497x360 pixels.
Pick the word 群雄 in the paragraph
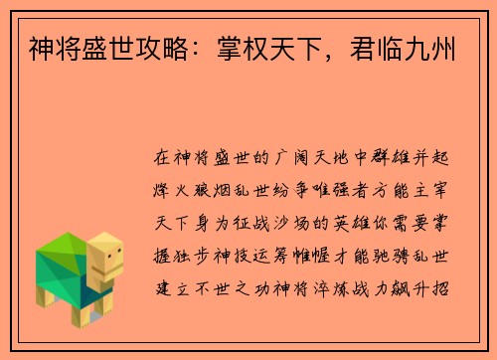coord(392,158)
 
